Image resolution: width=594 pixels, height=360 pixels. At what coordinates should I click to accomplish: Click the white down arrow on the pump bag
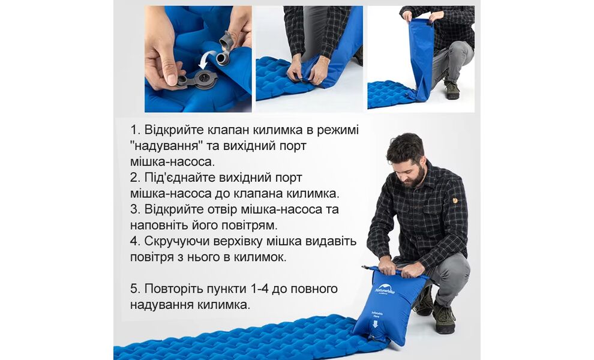[375, 324]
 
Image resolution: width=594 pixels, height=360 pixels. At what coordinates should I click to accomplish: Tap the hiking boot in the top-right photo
[452, 91]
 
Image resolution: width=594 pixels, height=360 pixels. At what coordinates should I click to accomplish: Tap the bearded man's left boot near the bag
[424, 301]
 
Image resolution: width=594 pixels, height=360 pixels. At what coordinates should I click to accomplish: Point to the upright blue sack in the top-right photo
[422, 57]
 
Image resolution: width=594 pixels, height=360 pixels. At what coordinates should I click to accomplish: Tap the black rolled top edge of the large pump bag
[393, 271]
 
